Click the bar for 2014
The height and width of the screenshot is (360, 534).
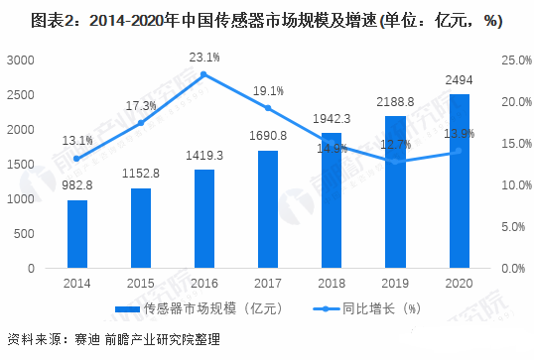click(x=77, y=234)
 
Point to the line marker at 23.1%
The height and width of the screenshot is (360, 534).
click(x=203, y=74)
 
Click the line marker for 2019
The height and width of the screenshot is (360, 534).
click(x=395, y=162)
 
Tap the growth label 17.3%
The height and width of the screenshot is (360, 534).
click(x=141, y=105)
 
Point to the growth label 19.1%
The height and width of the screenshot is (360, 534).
click(x=268, y=90)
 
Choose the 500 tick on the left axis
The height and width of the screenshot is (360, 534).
click(x=24, y=234)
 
